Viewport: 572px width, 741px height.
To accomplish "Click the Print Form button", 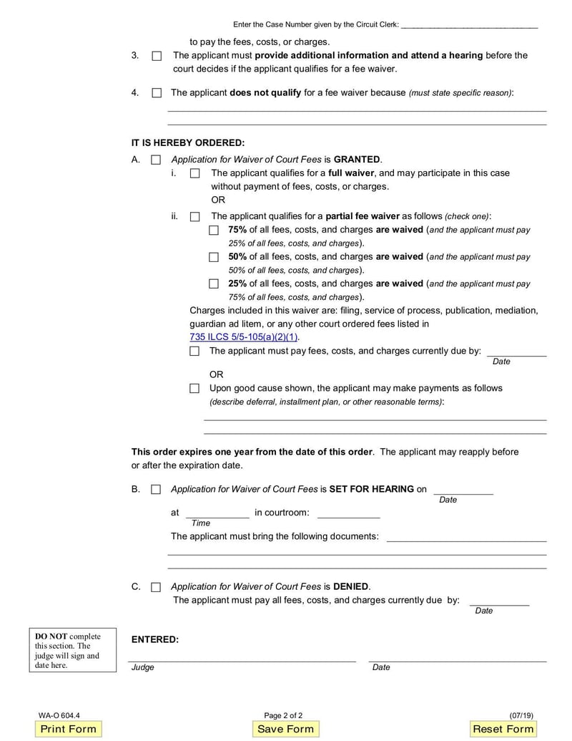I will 68,729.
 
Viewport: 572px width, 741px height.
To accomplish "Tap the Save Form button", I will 285,729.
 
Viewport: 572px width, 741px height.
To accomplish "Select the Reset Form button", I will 503,729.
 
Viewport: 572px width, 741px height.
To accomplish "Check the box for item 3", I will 157,56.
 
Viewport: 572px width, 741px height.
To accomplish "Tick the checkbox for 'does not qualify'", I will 157,93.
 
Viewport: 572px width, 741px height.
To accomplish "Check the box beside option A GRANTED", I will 156,160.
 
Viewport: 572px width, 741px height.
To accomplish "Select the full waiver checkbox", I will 194,173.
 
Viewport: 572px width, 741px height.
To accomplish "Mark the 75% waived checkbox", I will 214,231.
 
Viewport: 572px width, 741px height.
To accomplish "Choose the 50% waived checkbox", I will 214,257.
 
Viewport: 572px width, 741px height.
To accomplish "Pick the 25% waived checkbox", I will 214,284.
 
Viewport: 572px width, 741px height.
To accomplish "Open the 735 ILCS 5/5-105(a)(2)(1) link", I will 244,337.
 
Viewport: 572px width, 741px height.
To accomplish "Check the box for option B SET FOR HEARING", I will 156,490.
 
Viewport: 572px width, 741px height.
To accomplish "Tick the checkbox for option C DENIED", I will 156,587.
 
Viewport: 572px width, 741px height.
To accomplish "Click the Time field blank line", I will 217,514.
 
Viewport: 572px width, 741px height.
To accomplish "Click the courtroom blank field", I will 348,514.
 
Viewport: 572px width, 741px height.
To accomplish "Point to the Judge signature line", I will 242,659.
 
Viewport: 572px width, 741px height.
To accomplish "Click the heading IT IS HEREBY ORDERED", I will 188,142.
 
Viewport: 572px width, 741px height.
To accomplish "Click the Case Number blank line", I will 469,26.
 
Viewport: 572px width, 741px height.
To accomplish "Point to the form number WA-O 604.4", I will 59,715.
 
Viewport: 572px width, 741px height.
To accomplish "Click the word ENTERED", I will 155,639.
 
